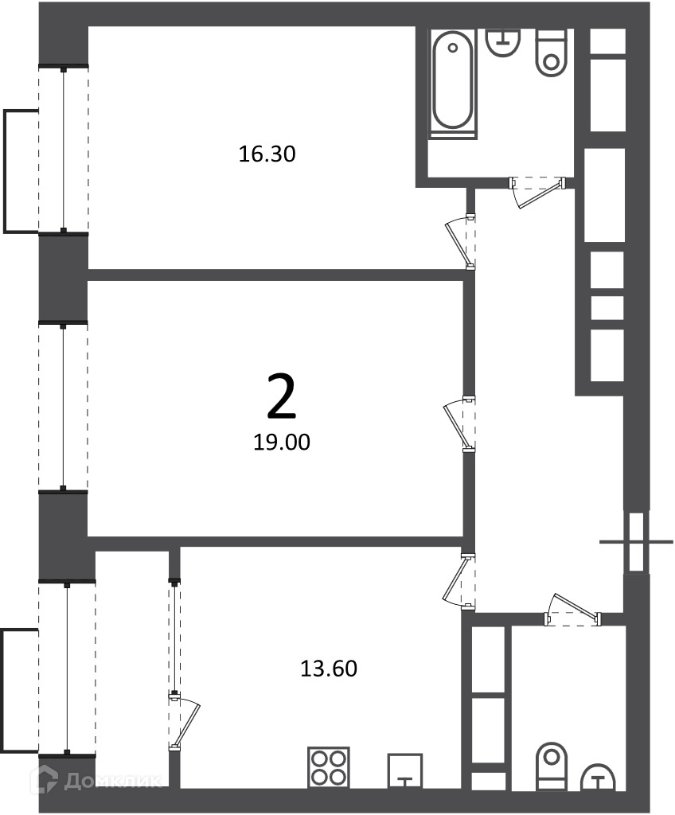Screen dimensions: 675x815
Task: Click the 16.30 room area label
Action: pyautogui.click(x=267, y=154)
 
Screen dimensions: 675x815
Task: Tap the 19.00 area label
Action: pyautogui.click(x=281, y=442)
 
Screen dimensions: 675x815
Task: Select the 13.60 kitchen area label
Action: pyautogui.click(x=329, y=669)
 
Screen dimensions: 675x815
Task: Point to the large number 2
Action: pyautogui.click(x=281, y=397)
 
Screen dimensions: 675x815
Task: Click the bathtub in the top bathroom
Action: pyautogui.click(x=453, y=84)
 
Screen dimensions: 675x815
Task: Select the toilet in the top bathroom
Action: pyautogui.click(x=551, y=53)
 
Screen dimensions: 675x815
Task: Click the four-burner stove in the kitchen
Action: pyautogui.click(x=329, y=768)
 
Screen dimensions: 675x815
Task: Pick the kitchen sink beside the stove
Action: pyautogui.click(x=405, y=770)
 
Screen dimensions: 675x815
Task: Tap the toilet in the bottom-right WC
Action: pyautogui.click(x=552, y=765)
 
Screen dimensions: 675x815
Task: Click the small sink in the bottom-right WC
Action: pyautogui.click(x=598, y=776)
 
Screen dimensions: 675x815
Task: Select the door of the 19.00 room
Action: pyautogui.click(x=460, y=424)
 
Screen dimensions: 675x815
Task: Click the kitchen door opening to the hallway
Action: pyautogui.click(x=458, y=580)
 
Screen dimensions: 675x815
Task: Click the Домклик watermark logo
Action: pyautogui.click(x=96, y=780)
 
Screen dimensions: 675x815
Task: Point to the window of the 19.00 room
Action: pyautogui.click(x=63, y=407)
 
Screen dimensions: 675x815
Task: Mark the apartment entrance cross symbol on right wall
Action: pyautogui.click(x=637, y=542)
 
